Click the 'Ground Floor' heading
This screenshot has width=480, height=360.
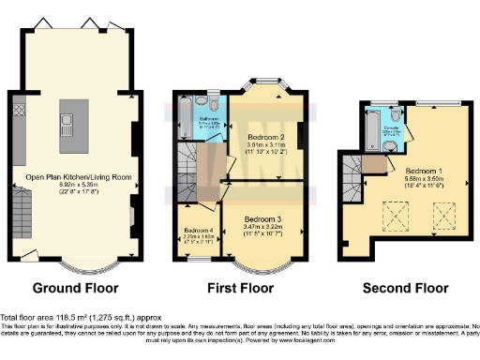point(74,287)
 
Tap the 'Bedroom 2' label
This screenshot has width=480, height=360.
point(250,137)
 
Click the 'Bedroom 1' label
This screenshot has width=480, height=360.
point(423,172)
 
